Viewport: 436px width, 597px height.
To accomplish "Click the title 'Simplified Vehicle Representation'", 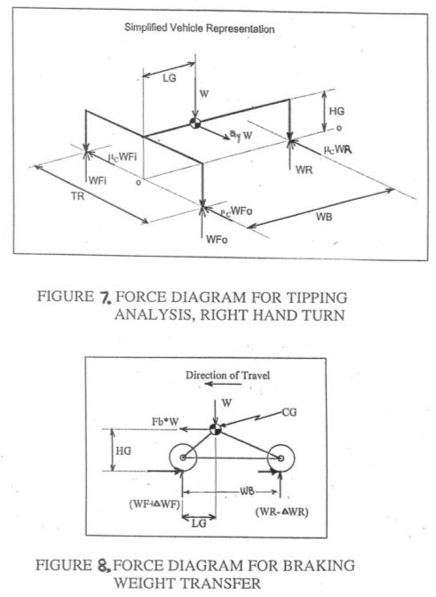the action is point(200,28).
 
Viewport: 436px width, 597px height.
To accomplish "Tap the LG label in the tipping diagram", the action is point(170,78).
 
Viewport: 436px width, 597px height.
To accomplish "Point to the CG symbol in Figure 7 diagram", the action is point(195,123).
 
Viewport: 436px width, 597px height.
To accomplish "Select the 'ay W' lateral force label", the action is point(241,135).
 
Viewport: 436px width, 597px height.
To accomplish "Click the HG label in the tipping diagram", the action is point(337,111).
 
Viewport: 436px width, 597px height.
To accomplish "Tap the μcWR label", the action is point(337,149).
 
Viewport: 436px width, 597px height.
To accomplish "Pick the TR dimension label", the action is point(77,197).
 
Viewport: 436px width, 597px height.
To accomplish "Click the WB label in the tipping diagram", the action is point(324,217).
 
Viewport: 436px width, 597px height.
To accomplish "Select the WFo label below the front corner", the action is point(217,239).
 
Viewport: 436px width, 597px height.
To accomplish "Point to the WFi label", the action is point(98,180).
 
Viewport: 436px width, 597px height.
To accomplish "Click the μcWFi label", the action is point(123,157).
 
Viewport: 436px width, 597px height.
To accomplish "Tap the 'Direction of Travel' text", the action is point(227,376).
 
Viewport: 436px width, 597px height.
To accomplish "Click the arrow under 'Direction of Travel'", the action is point(223,384).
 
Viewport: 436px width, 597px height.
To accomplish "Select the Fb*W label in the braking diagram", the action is point(165,421).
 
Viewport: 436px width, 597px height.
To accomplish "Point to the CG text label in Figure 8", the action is point(289,412).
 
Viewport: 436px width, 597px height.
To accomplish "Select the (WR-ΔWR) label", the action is point(281,512).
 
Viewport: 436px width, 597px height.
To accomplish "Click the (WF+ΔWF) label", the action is point(155,505).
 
